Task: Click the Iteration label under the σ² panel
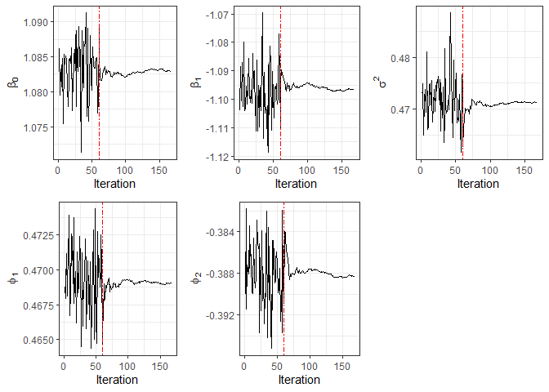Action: pyautogui.click(x=478, y=184)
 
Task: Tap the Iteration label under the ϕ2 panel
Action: pyautogui.click(x=299, y=381)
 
